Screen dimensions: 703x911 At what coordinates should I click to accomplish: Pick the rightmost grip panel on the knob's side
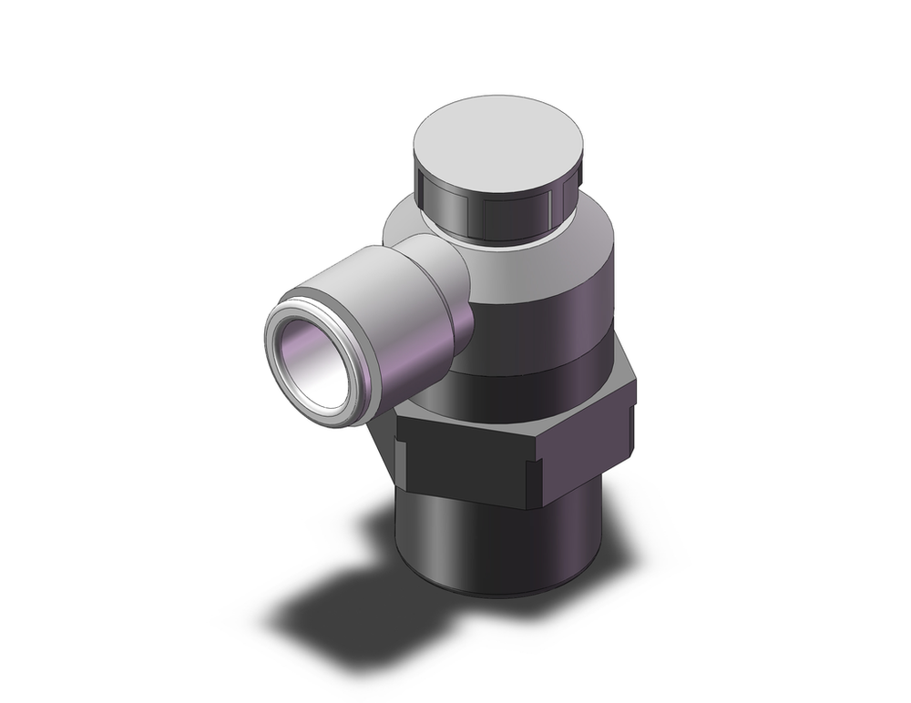tap(562, 201)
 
